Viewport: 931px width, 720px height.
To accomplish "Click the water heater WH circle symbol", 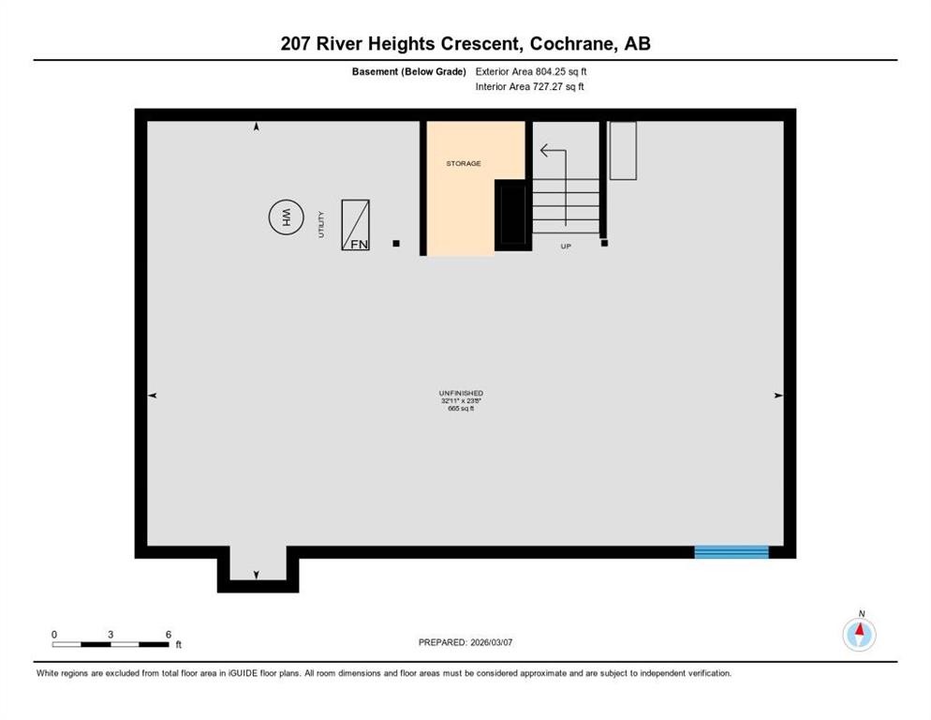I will [284, 218].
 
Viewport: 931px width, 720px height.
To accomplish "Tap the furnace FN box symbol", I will [355, 225].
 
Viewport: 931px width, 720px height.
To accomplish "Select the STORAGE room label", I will [463, 163].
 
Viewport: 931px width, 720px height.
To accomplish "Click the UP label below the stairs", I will [566, 246].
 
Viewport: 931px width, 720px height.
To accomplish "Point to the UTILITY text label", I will [321, 224].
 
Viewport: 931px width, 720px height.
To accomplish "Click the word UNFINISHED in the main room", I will [461, 393].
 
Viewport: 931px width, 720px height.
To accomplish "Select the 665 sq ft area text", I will [461, 408].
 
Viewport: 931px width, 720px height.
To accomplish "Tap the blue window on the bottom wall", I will [731, 551].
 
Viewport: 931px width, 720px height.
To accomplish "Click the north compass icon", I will [859, 635].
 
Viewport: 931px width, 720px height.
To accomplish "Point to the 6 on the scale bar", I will [169, 635].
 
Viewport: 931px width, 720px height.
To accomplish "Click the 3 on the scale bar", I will [111, 635].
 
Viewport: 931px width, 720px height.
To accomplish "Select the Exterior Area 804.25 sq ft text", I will [531, 70].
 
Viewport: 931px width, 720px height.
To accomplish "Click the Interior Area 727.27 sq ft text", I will [530, 87].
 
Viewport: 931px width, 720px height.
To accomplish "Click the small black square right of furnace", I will [396, 244].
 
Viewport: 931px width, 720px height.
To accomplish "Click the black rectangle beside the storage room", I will [512, 215].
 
